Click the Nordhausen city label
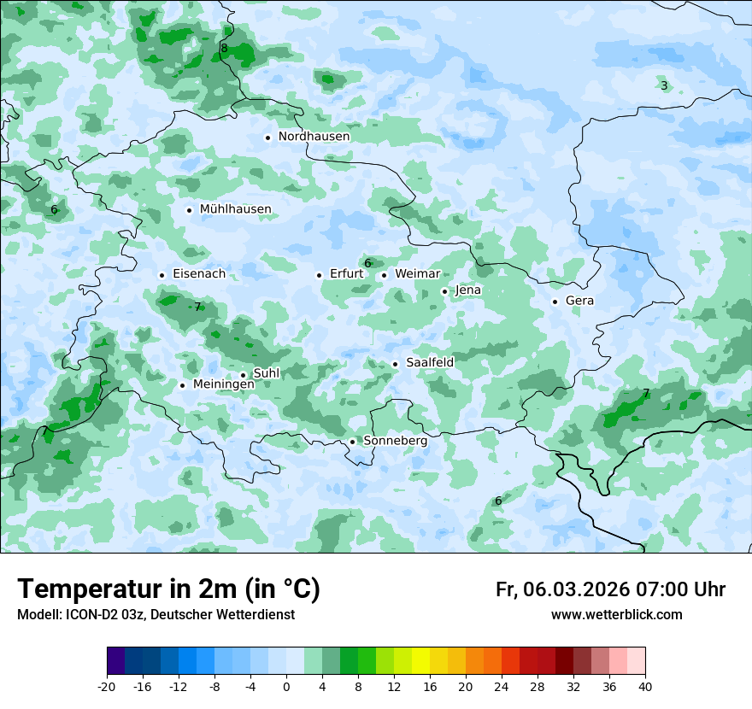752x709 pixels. click(x=314, y=136)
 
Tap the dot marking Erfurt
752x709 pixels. click(x=319, y=275)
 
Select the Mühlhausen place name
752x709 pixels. click(x=235, y=209)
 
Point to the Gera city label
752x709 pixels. click(x=579, y=301)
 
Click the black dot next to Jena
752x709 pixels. click(x=444, y=291)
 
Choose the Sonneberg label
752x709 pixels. click(x=395, y=441)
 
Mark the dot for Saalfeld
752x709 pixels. click(x=395, y=364)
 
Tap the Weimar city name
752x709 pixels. click(x=417, y=273)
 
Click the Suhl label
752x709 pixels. click(x=267, y=373)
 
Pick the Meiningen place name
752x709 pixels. click(x=223, y=384)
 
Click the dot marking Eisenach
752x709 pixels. click(x=162, y=275)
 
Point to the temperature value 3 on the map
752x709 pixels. click(x=664, y=85)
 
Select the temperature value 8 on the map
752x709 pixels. click(x=224, y=49)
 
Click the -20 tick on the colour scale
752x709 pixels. click(x=107, y=686)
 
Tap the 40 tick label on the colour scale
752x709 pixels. click(x=644, y=686)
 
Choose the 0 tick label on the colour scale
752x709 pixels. click(x=286, y=686)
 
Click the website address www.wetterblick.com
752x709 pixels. click(x=616, y=614)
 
